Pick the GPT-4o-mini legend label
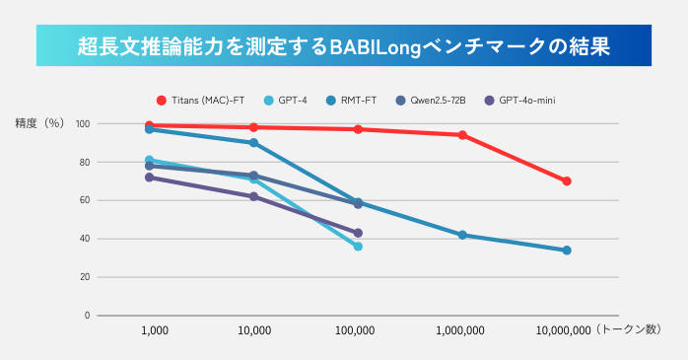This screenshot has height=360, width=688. pos(526,101)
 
